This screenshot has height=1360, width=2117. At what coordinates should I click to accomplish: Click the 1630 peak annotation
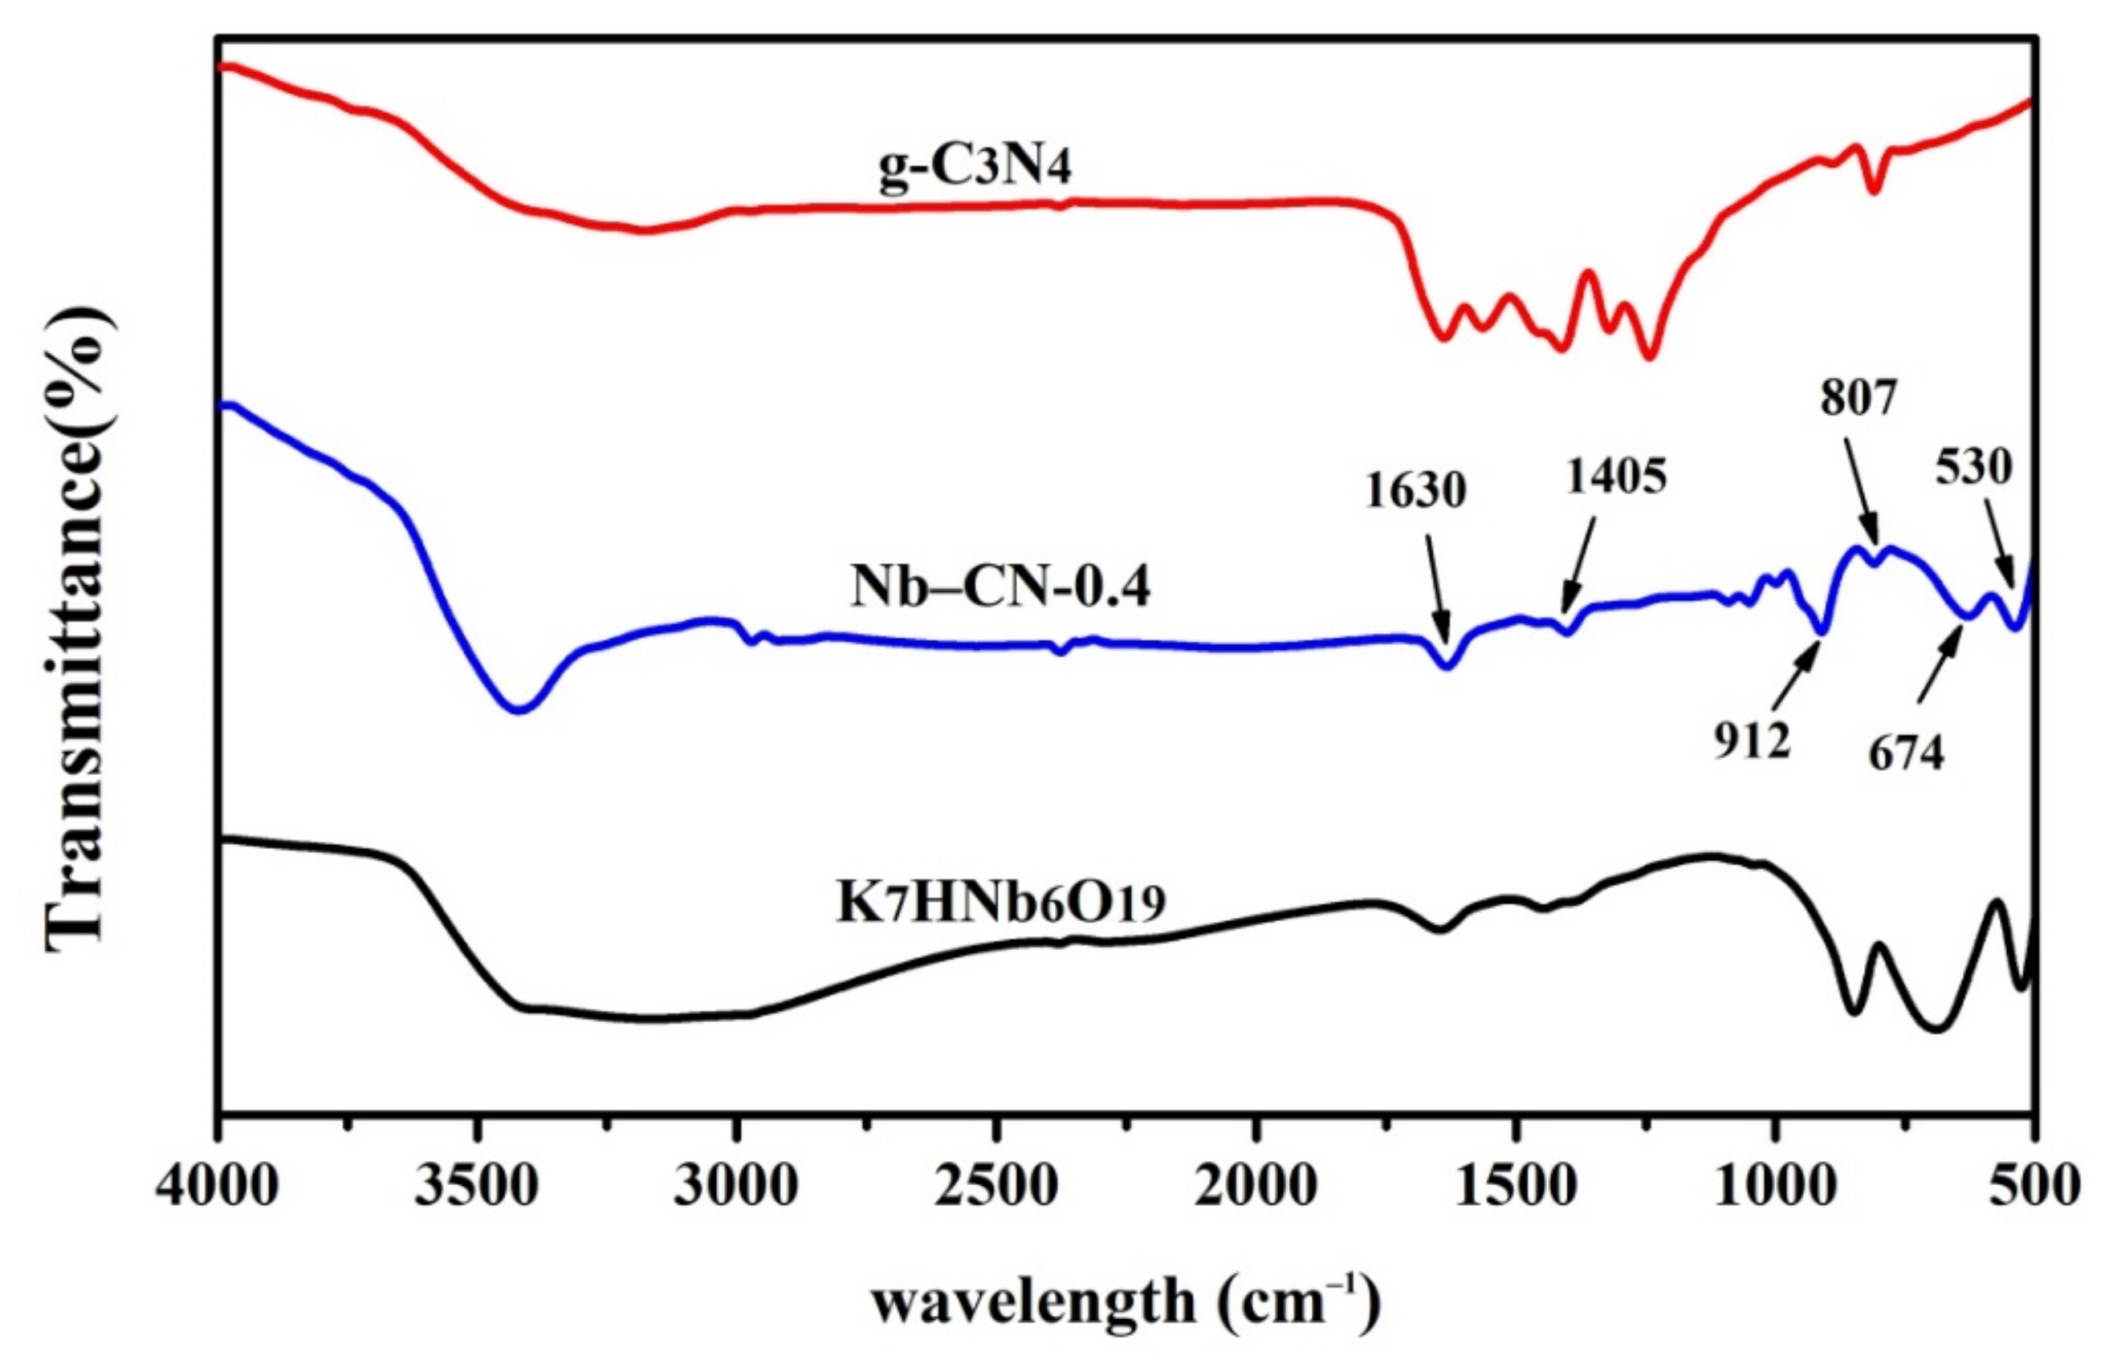click(x=1415, y=490)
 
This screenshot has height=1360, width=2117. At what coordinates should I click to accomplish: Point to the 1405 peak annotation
click(x=1616, y=477)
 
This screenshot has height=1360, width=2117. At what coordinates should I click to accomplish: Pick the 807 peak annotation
click(x=1858, y=398)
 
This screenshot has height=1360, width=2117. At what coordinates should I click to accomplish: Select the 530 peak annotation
click(x=1974, y=467)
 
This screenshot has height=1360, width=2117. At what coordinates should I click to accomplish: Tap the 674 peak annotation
click(x=1906, y=753)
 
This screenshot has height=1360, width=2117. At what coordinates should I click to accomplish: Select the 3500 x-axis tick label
click(x=477, y=1186)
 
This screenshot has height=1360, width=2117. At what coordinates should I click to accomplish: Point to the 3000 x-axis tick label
click(x=736, y=1186)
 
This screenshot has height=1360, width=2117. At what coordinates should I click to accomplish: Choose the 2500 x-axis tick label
click(x=995, y=1186)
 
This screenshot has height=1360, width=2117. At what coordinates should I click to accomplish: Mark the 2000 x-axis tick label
click(x=1255, y=1186)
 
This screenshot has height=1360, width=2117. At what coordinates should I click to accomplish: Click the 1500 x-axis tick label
click(x=1514, y=1186)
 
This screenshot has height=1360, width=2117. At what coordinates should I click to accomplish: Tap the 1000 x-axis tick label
click(x=1773, y=1186)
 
